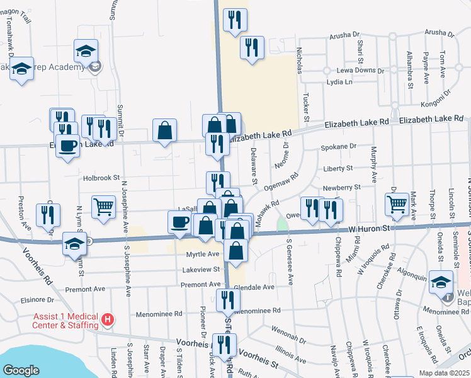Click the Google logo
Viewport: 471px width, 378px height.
(x=21, y=370)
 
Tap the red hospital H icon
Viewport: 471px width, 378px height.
(x=108, y=320)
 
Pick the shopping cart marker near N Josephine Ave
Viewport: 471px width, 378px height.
(x=103, y=205)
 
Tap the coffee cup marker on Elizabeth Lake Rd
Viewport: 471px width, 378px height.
(x=67, y=146)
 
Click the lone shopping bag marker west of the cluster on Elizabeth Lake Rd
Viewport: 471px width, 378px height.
(x=164, y=130)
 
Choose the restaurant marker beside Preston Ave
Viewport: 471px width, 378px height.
(x=48, y=215)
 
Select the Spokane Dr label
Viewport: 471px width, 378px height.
(x=339, y=147)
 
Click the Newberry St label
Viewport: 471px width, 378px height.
(x=341, y=187)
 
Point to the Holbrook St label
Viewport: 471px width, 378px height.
(x=101, y=178)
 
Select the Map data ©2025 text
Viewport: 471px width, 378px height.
(x=444, y=373)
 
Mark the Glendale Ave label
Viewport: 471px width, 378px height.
(x=254, y=287)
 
